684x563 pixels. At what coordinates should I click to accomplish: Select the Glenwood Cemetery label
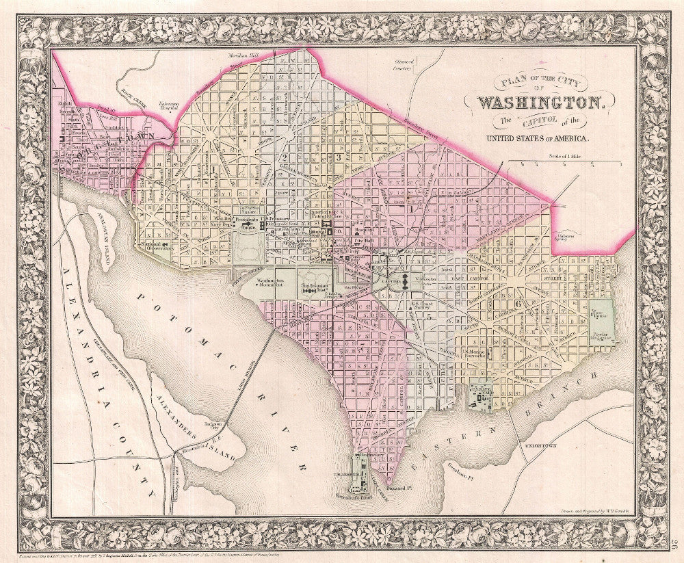click(404, 65)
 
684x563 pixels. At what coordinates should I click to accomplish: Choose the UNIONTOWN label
click(540, 445)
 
